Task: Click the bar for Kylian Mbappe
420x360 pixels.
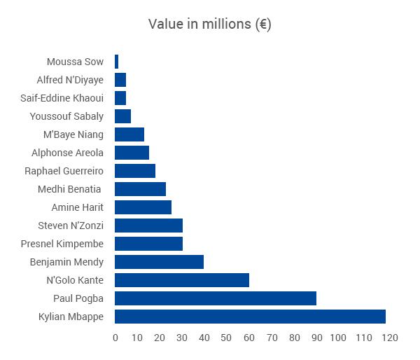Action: click(250, 317)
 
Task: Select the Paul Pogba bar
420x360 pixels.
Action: click(215, 298)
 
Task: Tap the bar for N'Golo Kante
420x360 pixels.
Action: click(181, 280)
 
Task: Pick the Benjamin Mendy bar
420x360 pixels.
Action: click(159, 262)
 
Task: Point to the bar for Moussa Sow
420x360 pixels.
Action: click(116, 62)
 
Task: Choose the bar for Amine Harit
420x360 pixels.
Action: click(143, 207)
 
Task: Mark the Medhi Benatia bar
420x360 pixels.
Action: click(140, 189)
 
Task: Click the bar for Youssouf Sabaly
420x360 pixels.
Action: click(122, 116)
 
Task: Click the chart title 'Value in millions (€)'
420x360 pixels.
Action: click(210, 24)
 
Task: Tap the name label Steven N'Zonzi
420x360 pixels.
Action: click(71, 226)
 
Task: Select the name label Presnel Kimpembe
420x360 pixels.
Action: click(62, 244)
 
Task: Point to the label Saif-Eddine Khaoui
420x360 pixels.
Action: click(62, 98)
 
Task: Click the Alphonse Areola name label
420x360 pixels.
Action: click(67, 153)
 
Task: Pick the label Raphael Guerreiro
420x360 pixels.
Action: click(64, 171)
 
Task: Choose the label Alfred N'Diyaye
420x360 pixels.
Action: click(70, 80)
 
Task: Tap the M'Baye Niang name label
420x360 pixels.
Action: click(73, 134)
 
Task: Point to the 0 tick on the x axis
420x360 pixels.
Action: click(115, 338)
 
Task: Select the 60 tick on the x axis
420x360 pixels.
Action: click(249, 338)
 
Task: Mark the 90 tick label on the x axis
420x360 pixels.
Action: click(316, 338)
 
